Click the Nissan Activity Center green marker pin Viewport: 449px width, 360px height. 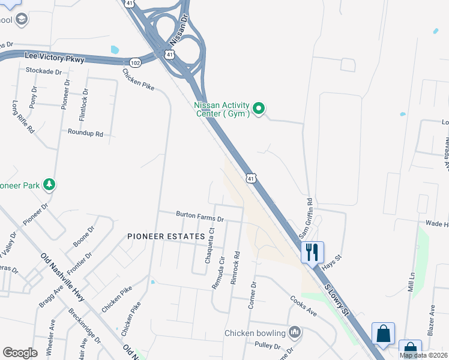[259, 109]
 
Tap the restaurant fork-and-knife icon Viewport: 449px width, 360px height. [312, 251]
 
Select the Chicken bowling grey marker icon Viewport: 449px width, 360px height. [294, 332]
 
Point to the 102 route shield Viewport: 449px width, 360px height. [134, 62]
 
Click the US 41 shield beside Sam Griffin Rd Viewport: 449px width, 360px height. [251, 178]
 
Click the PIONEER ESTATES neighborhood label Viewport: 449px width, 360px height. [161, 236]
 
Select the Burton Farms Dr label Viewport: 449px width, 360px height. [199, 215]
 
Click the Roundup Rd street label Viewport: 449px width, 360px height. [85, 133]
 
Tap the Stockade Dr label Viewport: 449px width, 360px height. [44, 71]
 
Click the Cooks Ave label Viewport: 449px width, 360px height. [303, 305]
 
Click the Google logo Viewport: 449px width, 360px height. [20, 352]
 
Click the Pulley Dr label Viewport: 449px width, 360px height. [268, 346]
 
